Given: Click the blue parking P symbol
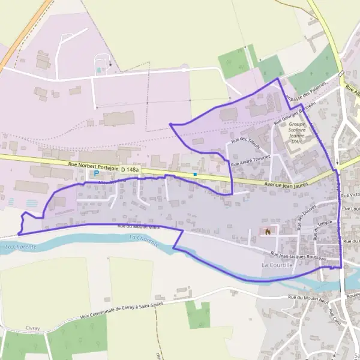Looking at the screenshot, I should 96,173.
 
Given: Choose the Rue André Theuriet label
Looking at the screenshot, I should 251,159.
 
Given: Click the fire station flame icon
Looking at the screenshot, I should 268,230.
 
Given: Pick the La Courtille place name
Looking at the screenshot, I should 277,265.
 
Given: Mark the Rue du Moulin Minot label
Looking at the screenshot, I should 140,226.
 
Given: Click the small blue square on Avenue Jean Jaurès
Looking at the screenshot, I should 195,175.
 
